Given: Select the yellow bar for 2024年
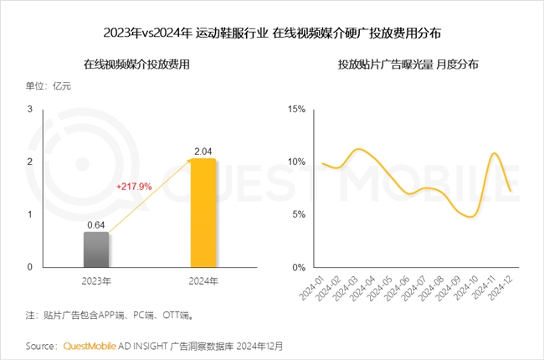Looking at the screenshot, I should pyautogui.click(x=203, y=213).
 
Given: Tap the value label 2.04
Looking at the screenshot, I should pyautogui.click(x=203, y=151).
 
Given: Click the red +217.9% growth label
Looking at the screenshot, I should pyautogui.click(x=133, y=187).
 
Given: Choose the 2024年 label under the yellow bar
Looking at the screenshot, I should pyautogui.click(x=203, y=280).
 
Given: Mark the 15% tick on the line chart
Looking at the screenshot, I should pyautogui.click(x=298, y=110).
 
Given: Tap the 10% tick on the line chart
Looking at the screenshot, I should pyautogui.click(x=298, y=162).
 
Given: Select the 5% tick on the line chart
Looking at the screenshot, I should pyautogui.click(x=300, y=214).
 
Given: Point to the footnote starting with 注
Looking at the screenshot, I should pyautogui.click(x=110, y=316).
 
